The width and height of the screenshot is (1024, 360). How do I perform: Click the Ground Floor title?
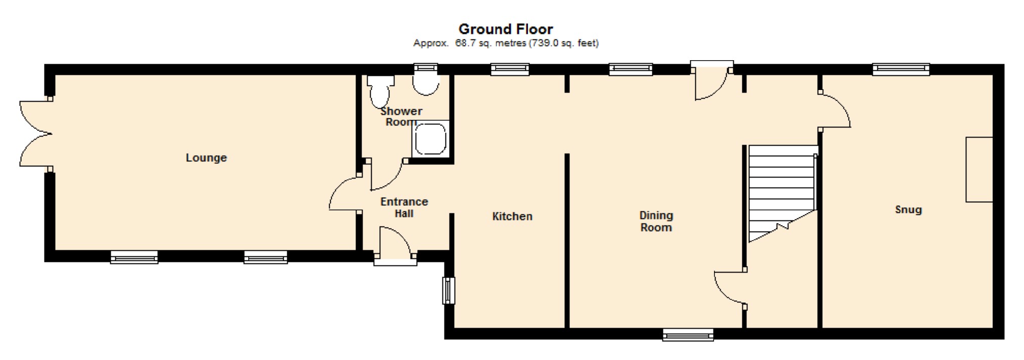pos(505,29)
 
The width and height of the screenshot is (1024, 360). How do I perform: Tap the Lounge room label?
pos(206,158)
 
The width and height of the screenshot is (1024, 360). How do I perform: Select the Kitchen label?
pos(512,216)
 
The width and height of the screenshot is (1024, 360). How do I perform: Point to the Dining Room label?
pos(656,221)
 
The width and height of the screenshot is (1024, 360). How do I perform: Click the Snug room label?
pos(908,209)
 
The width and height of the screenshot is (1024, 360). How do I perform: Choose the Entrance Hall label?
pos(404,207)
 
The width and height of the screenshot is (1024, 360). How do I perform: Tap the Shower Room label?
pos(401,116)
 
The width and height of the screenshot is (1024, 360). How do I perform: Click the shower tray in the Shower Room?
pos(430,139)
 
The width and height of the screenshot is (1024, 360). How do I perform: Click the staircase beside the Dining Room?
pos(782,193)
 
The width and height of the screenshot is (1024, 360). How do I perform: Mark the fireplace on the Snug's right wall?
pos(979,169)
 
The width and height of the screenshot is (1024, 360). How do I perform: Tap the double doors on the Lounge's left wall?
pos(36,134)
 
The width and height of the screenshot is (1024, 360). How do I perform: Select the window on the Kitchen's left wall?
pos(449,291)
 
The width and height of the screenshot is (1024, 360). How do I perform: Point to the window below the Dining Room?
pos(688,335)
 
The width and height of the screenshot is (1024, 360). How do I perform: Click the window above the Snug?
pos(901,69)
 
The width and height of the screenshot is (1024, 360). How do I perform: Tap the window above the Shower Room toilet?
pos(426,69)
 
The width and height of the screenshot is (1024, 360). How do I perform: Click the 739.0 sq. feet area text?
pos(564,43)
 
